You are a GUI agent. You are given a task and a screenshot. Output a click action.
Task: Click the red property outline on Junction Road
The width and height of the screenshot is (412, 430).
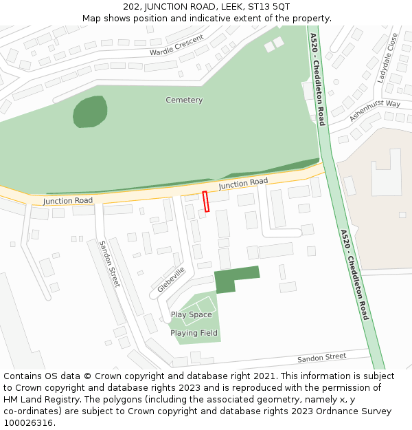coord(206,201)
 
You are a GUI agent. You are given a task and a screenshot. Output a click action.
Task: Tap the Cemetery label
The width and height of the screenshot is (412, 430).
coord(184,100)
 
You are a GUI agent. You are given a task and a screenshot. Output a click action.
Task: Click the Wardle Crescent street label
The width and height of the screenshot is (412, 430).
coord(177,46)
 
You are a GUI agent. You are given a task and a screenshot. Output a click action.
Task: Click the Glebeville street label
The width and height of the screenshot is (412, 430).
coord(171,279)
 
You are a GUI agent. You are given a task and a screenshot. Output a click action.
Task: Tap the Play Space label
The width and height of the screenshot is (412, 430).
coord(191,315)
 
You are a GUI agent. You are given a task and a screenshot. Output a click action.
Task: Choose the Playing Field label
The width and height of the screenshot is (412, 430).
coord(194,333)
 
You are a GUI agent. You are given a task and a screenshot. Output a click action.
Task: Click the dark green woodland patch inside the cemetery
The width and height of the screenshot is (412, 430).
coord(90,111)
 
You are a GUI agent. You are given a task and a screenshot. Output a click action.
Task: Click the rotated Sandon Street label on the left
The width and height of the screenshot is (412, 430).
coord(110,264)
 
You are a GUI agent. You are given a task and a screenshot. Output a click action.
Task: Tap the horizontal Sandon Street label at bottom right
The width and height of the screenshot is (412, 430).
coord(321,358)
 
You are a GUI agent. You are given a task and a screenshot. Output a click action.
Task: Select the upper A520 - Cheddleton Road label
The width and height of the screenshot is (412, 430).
coord(317,78)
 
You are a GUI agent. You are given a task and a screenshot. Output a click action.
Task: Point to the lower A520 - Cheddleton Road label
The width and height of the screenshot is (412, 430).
coord(354,275)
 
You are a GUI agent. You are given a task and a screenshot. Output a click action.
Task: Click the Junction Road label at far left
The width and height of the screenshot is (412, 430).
coord(67,201)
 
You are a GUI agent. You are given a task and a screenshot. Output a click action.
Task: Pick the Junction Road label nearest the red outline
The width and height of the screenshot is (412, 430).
coord(243,183)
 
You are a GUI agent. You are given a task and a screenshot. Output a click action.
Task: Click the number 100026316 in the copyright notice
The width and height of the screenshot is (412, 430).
coord(27,423)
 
